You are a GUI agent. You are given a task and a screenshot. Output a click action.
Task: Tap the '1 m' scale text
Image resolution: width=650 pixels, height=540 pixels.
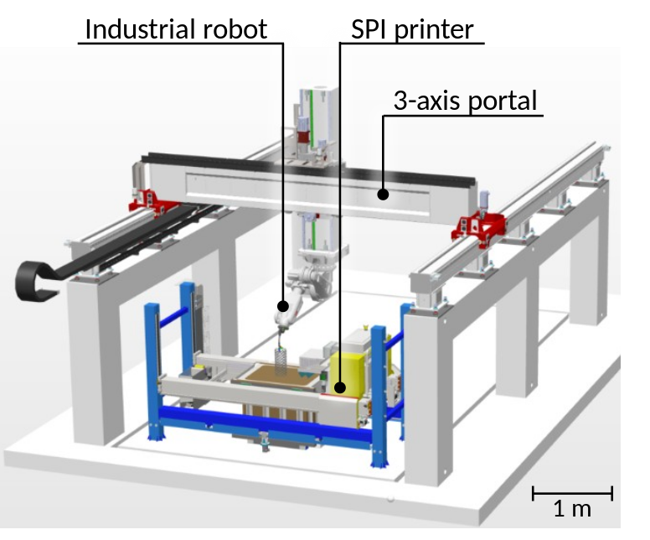click(x=572, y=508)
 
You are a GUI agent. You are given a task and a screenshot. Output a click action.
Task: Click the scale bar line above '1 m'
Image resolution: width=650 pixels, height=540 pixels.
click(x=572, y=493)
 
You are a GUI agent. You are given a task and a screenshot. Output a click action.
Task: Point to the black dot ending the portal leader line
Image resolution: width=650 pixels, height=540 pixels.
click(x=383, y=195)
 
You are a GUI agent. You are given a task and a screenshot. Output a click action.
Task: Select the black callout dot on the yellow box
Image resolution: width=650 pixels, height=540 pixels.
click(x=338, y=387)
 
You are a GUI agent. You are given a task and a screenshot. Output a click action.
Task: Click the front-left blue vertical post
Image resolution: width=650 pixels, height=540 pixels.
click(x=152, y=369)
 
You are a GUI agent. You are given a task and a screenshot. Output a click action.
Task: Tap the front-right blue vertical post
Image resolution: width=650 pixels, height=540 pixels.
click(x=378, y=394)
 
